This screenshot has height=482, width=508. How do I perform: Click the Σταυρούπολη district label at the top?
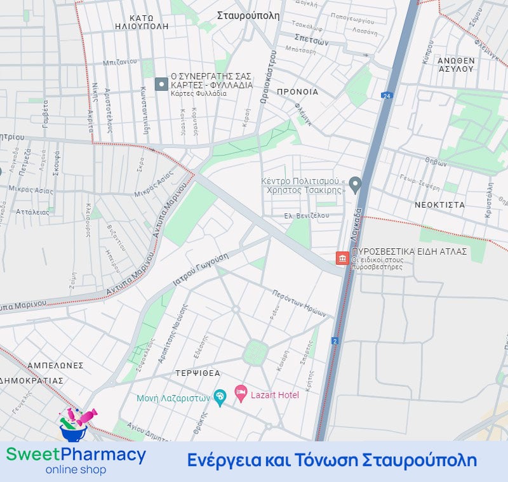(248, 16)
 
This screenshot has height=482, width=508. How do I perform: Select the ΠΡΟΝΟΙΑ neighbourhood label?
(297, 91)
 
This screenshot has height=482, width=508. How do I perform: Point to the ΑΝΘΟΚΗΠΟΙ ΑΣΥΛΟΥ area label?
(456, 64)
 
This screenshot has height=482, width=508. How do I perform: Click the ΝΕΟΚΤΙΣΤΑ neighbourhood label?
(439, 205)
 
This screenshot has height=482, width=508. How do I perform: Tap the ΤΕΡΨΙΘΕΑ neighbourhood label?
(198, 373)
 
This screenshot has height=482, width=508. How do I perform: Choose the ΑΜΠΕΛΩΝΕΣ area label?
(55, 366)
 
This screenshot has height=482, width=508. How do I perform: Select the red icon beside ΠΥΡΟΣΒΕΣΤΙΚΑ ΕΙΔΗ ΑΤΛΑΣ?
(342, 258)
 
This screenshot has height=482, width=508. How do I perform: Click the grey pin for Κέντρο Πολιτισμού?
(356, 185)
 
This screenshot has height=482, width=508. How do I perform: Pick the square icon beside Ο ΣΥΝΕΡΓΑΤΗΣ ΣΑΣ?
(161, 84)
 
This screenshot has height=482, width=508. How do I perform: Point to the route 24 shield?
(386, 95)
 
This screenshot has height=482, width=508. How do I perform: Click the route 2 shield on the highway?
(335, 341)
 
